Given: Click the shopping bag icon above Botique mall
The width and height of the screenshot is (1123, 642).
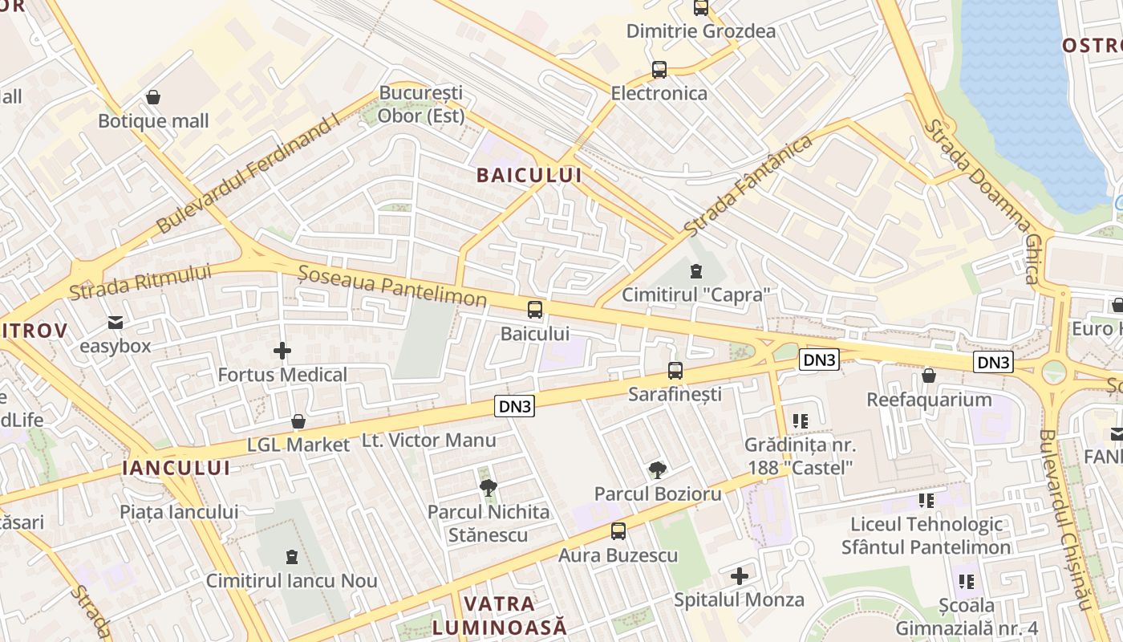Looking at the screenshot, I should click(x=153, y=97).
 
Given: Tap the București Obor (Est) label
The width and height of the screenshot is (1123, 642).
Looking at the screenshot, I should click(x=421, y=104).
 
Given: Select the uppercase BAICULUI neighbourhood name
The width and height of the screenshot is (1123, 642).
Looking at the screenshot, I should click(x=529, y=176).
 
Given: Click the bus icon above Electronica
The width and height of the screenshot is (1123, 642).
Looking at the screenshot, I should click(x=659, y=70).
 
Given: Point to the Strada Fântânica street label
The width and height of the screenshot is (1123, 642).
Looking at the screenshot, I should click(x=748, y=186).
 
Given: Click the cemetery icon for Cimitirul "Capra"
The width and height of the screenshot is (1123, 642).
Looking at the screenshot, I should click(x=695, y=271).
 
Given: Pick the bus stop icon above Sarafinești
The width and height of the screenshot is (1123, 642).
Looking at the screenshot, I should click(x=675, y=371).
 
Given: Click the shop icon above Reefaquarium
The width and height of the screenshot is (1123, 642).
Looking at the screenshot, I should click(x=928, y=376).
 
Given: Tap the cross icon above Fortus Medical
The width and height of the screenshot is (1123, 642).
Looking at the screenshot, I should click(x=282, y=351).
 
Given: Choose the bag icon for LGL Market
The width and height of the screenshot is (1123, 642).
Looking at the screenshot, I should click(x=298, y=421).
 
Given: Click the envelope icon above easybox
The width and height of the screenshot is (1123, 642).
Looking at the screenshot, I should click(x=116, y=323).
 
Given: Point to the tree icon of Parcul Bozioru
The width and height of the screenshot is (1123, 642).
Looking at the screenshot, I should click(x=658, y=470).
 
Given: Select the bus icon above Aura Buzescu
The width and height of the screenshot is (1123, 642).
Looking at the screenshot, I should click(x=618, y=531).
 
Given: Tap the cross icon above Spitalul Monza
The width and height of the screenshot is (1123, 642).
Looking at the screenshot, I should click(x=739, y=575).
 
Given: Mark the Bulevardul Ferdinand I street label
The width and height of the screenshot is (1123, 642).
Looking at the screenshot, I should click(x=249, y=175).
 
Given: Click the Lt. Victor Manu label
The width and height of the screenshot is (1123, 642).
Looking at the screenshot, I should click(x=429, y=441).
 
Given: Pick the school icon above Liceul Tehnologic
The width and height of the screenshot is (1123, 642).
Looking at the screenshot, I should click(x=926, y=501).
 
